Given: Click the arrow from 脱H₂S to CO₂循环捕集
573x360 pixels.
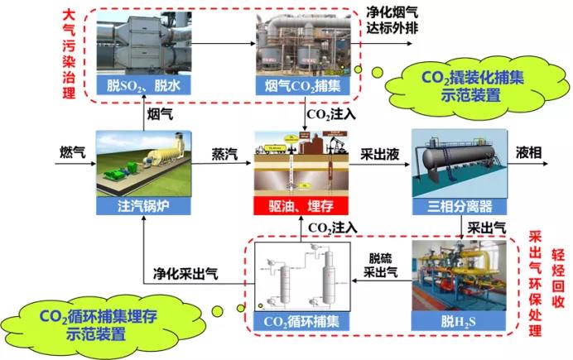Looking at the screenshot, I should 379,281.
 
